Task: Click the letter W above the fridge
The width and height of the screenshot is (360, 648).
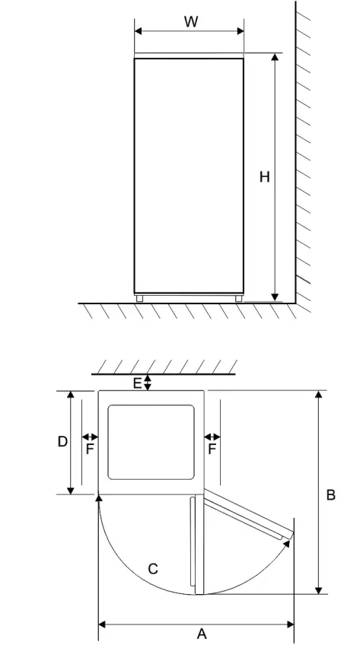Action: coord(191,22)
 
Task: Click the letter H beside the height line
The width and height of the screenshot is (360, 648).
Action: coord(264,177)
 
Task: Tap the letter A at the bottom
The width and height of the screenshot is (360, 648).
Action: coord(202,634)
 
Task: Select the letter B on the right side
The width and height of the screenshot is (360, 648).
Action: coord(331,495)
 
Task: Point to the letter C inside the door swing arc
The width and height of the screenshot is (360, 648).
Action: coord(153,568)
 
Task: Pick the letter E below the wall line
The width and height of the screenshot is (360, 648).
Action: coord(137,383)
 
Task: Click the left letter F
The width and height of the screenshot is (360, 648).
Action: coord(90,449)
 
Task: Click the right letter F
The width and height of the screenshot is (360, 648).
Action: coord(212,449)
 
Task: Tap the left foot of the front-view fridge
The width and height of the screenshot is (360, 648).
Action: coord(139,299)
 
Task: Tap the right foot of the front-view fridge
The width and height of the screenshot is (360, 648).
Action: coord(239,299)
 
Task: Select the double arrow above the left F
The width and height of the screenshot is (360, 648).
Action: coord(90,437)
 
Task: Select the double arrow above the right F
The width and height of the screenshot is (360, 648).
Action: coord(212,437)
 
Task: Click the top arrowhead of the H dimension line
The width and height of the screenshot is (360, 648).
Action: coord(275,58)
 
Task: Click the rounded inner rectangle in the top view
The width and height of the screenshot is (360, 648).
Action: coord(152,442)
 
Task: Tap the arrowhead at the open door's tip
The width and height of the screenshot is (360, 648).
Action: coord(287,542)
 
